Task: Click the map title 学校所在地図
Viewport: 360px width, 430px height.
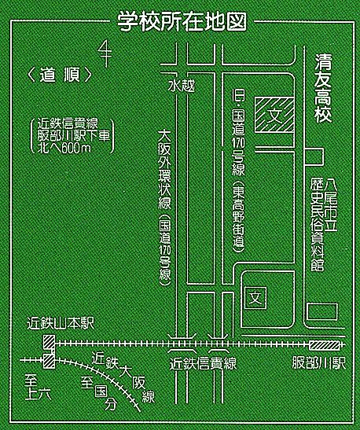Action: [x=182, y=21]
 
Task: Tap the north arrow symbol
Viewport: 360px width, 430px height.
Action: [x=105, y=53]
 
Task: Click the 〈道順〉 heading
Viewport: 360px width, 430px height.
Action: [x=60, y=75]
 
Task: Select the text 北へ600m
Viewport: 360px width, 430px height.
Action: [x=64, y=148]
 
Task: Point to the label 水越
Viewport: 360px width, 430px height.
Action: [x=182, y=86]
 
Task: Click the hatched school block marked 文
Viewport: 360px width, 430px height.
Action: [x=274, y=114]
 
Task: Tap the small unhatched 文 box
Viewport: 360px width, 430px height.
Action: [x=255, y=298]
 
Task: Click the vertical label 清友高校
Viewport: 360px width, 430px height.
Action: [x=323, y=88]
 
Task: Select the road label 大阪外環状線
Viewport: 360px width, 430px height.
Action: [x=164, y=170]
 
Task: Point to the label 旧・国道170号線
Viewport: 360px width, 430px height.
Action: [x=238, y=132]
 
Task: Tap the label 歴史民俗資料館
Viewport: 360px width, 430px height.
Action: [x=318, y=224]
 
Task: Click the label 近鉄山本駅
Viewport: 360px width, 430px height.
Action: [x=61, y=324]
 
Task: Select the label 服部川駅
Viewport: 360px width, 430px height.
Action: [x=319, y=363]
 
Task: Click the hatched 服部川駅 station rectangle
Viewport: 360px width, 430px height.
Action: [x=325, y=346]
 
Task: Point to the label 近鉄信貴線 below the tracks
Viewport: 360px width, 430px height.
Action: [x=203, y=364]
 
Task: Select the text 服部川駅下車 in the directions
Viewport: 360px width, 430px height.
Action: [x=73, y=136]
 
